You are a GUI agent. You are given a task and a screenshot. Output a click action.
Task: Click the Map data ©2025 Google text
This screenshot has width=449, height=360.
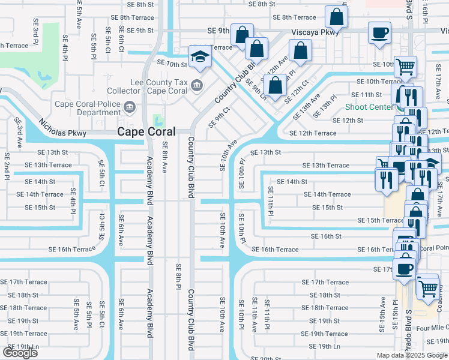coord(412,355)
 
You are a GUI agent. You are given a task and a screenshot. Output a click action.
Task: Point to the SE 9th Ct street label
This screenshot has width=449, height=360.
coord(219,117)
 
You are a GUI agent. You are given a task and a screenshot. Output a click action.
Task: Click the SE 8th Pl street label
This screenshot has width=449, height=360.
coord(178,276)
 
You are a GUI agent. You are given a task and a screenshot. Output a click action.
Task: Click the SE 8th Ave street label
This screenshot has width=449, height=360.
coord(164,158)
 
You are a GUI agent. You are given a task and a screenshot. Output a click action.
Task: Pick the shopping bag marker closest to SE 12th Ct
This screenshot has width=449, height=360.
coord(275,85)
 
